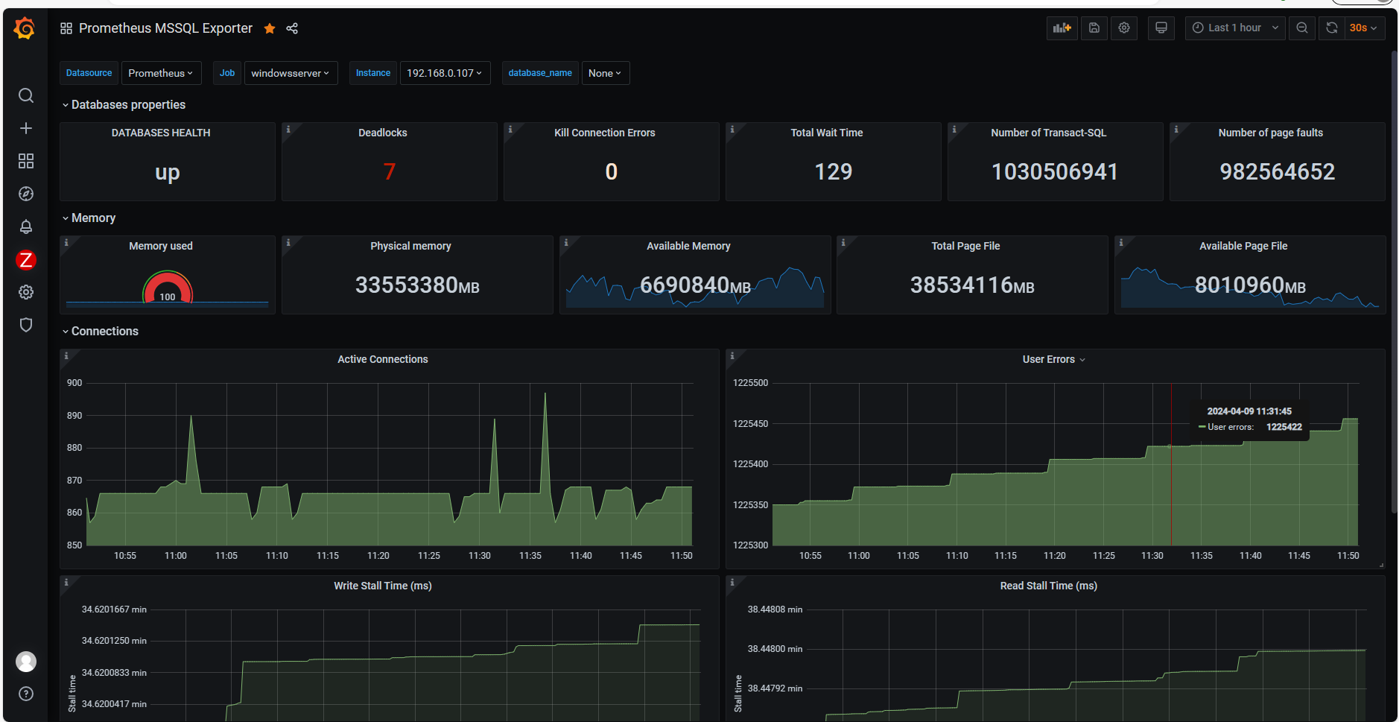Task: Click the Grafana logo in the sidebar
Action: pos(25,28)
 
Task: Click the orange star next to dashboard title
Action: pos(270,28)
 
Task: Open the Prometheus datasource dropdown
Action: pos(160,73)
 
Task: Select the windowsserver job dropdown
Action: pos(290,73)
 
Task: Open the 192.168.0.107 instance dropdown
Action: pos(444,73)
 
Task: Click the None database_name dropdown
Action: pos(604,73)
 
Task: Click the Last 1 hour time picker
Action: pos(1234,28)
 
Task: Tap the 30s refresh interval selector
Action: pos(1363,28)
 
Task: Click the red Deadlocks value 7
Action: pos(389,171)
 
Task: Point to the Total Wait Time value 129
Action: pos(833,171)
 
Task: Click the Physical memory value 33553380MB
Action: pos(417,285)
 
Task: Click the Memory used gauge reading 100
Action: pos(168,297)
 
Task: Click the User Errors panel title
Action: pos(1048,359)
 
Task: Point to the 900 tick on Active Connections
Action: pos(74,383)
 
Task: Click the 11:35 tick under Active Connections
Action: pos(530,556)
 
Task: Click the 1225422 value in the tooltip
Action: pos(1284,427)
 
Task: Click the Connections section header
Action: pos(104,331)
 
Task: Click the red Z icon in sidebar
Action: pos(26,259)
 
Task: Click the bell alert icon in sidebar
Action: pos(26,227)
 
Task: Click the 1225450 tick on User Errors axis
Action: pos(750,424)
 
